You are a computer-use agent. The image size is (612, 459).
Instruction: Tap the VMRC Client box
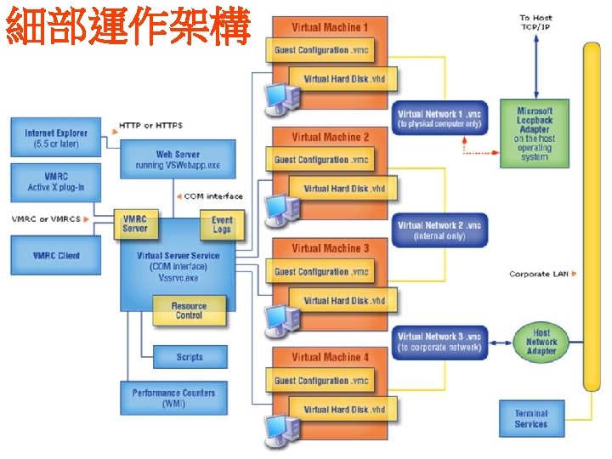[56, 255]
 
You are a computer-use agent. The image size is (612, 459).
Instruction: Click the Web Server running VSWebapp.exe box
[177, 159]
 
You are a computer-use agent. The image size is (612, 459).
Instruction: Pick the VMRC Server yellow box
[134, 224]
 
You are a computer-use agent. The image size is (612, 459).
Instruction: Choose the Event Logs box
[222, 224]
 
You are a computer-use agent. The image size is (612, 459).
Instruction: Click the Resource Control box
[189, 311]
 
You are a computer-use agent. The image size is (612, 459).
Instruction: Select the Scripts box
[189, 357]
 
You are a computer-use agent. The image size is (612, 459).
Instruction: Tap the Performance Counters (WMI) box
[173, 398]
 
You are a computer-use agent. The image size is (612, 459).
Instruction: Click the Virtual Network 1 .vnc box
[439, 118]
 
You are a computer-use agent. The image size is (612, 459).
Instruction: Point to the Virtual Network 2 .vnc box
[439, 229]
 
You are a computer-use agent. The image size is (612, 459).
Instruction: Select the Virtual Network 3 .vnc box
[439, 342]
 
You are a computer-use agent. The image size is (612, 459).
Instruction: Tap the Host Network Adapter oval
[541, 342]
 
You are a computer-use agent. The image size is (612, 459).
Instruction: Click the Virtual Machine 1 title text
[330, 27]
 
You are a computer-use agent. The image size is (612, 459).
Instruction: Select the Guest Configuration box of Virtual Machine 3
[321, 272]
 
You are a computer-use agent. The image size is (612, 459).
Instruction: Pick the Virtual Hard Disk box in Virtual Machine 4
[343, 409]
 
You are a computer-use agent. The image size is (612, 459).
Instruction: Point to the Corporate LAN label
[538, 274]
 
